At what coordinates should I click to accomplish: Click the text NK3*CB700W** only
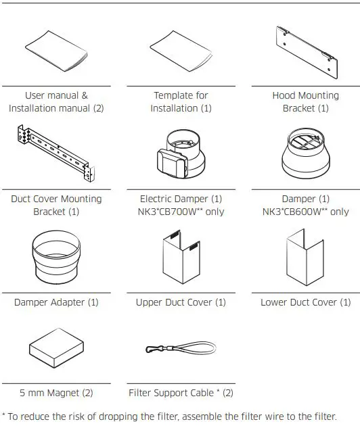pyautogui.click(x=181, y=212)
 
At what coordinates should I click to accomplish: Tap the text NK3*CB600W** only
pyautogui.click(x=305, y=212)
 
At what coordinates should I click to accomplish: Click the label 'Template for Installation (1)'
pyautogui.click(x=181, y=102)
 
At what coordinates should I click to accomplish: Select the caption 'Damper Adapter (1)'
pyautogui.click(x=56, y=302)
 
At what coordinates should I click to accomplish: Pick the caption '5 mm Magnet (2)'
pyautogui.click(x=56, y=393)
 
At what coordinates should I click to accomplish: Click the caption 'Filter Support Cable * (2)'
pyautogui.click(x=181, y=393)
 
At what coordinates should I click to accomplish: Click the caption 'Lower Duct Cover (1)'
pyautogui.click(x=305, y=302)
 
